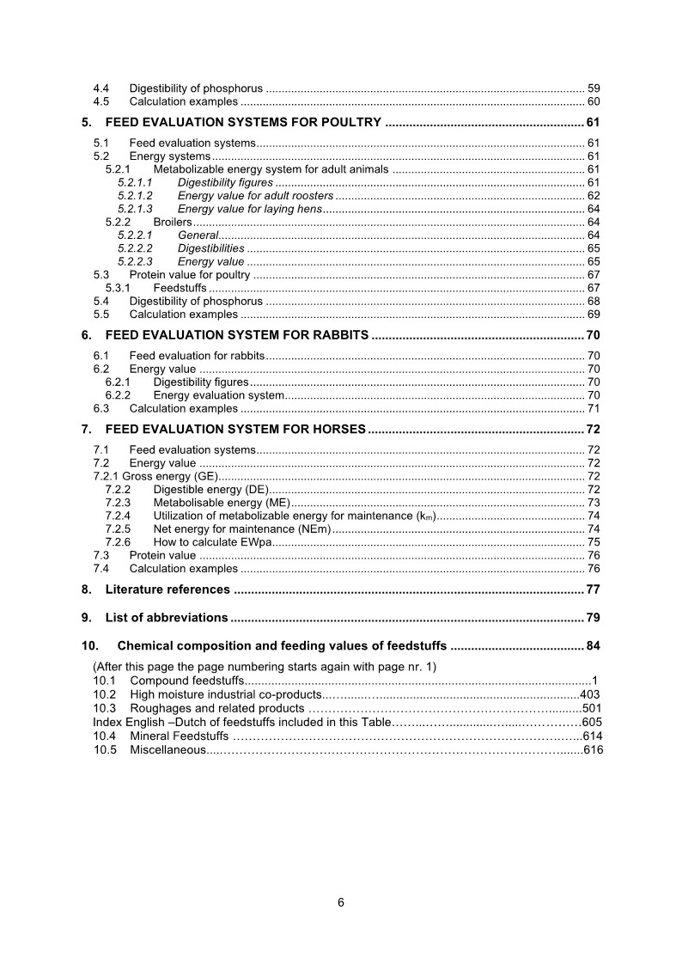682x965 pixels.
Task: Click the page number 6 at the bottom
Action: point(341,902)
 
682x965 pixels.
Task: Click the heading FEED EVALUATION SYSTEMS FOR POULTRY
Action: point(243,122)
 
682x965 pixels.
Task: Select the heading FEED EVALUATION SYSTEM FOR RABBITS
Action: point(237,334)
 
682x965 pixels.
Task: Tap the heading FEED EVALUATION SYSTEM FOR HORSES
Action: point(236,429)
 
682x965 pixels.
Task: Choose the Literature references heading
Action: point(167,589)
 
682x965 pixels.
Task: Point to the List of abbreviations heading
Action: point(166,617)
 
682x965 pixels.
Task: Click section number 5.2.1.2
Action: point(135,196)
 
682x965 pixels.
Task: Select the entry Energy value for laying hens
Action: point(249,210)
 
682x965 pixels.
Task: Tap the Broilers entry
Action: point(173,223)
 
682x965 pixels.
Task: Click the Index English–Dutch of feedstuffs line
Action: point(241,722)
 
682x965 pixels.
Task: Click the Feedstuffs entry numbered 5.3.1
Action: point(173,288)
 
